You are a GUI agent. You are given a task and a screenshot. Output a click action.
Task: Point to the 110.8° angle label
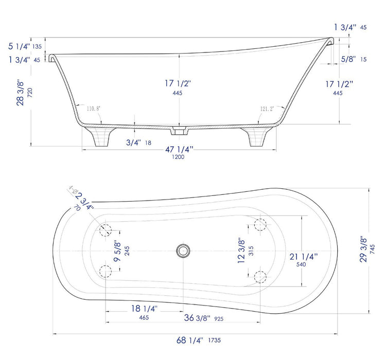94,109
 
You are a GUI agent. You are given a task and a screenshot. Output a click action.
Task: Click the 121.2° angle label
267,109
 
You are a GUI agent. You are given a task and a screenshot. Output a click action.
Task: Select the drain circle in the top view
182,251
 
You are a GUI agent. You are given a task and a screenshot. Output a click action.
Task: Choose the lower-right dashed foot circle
261,277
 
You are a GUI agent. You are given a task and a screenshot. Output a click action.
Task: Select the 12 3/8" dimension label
241,249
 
